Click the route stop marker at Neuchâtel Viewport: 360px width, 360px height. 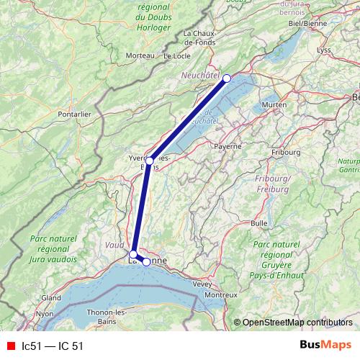(x=227, y=78)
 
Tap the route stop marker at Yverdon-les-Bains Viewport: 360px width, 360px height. (x=149, y=161)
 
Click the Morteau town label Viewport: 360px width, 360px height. (x=140, y=55)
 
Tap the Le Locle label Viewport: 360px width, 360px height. (x=176, y=55)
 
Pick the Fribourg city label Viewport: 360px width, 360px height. (x=286, y=153)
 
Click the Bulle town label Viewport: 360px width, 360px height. (x=259, y=224)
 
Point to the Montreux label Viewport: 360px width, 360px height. (x=221, y=295)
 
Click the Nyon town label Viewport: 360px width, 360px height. (x=45, y=314)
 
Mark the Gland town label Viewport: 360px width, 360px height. (x=50, y=297)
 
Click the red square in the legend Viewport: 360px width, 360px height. (x=11, y=346)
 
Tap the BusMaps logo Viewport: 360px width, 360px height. (x=325, y=345)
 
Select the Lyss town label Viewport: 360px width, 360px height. (x=324, y=50)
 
